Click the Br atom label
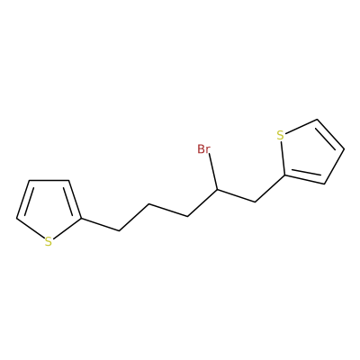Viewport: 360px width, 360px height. [x=203, y=149]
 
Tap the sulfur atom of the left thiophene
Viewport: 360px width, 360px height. [x=49, y=242]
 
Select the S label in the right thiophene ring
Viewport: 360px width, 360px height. [x=280, y=136]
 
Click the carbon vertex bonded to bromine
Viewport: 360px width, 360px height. [x=217, y=190]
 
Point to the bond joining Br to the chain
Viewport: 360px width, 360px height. [x=213, y=172]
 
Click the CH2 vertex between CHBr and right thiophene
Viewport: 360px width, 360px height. [x=255, y=202]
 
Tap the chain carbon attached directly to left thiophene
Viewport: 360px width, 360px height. [x=119, y=230]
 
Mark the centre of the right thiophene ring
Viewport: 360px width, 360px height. [x=309, y=153]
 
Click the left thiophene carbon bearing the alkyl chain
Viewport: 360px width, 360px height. [x=81, y=219]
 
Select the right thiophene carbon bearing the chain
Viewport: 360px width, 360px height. [x=284, y=175]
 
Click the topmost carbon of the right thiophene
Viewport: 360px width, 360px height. [x=317, y=120]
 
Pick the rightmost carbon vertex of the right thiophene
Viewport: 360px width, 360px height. [x=344, y=149]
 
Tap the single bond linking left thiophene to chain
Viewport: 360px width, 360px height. [x=100, y=224]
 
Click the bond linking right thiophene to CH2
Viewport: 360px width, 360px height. [x=269, y=188]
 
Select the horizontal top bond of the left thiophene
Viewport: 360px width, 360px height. [x=49, y=180]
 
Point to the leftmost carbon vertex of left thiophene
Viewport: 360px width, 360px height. [x=16, y=218]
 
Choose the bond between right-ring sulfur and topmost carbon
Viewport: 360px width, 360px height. [x=301, y=127]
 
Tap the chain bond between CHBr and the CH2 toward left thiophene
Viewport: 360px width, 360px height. [x=202, y=202]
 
